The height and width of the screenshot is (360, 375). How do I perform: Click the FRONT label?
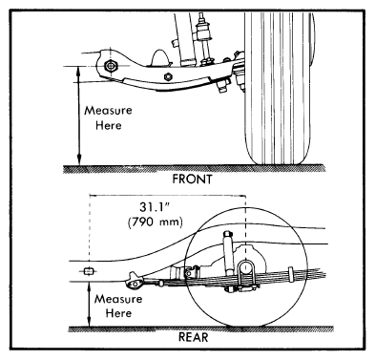(192, 180)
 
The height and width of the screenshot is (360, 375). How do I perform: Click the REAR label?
(194, 337)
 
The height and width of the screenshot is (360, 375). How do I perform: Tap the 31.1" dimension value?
(155, 207)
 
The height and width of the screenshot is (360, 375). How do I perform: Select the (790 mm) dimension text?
(156, 222)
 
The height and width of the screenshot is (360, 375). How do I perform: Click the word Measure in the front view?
(108, 111)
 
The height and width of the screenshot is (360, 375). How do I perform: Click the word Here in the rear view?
(118, 313)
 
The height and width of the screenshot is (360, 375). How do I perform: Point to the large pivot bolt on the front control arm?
(111, 66)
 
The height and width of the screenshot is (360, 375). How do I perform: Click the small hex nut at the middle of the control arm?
(168, 76)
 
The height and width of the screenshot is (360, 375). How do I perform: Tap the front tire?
(278, 88)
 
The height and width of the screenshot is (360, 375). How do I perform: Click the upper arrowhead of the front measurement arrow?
(79, 70)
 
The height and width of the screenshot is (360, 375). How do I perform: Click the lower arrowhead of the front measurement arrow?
(79, 160)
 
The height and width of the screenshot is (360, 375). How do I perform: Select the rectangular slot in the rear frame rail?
(90, 271)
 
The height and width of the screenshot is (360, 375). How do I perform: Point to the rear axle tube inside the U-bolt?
(245, 267)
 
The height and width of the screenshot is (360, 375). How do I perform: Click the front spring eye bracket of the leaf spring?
(135, 282)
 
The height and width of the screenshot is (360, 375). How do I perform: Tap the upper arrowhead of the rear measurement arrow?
(90, 287)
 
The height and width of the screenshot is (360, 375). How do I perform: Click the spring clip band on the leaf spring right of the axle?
(290, 275)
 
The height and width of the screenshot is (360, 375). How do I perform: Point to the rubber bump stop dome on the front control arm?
(161, 58)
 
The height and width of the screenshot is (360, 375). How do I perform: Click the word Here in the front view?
(109, 125)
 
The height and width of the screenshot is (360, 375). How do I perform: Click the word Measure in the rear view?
(118, 299)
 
